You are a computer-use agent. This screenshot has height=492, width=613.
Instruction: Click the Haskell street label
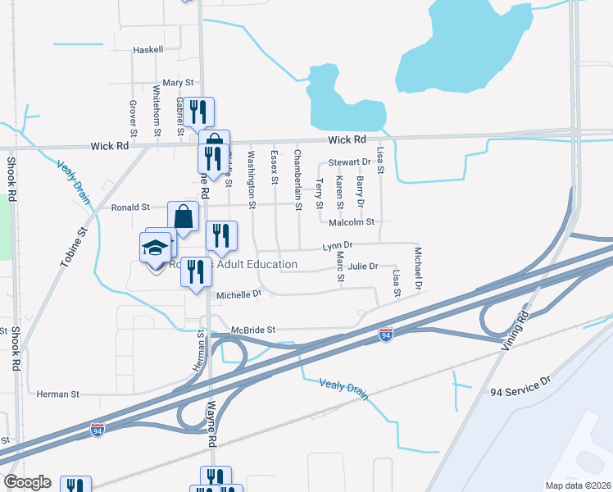pyautogui.click(x=148, y=49)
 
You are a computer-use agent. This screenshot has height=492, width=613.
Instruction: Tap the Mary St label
pyautogui.click(x=178, y=83)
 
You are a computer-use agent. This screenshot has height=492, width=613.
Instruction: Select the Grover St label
pyautogui.click(x=133, y=118)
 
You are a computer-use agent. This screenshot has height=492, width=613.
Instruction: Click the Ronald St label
pyautogui.click(x=131, y=207)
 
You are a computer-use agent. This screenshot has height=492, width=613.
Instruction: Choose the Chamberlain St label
pyautogui.click(x=298, y=180)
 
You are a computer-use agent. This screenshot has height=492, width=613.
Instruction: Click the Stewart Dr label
pyautogui.click(x=350, y=162)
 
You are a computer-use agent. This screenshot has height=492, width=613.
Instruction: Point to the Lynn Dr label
pyautogui.click(x=337, y=245)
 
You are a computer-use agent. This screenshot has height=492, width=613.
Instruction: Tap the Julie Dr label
pyautogui.click(x=362, y=266)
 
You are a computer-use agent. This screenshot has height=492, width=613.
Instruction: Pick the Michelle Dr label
pyautogui.click(x=238, y=294)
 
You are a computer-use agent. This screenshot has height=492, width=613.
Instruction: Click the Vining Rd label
pyautogui.click(x=515, y=326)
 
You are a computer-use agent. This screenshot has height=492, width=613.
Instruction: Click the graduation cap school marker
pyautogui.click(x=154, y=247)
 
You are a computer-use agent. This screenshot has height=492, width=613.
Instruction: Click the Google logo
pyautogui.click(x=27, y=482)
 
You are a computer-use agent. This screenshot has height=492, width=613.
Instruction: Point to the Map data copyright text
pyautogui.click(x=578, y=485)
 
